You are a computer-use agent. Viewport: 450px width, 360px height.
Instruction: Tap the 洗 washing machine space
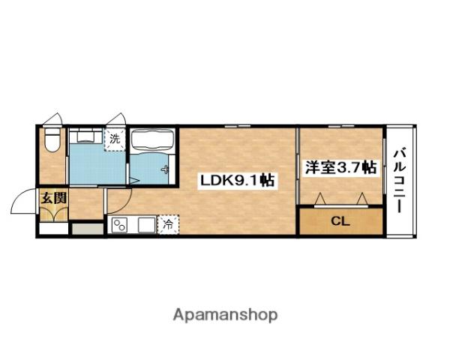[x=115, y=139]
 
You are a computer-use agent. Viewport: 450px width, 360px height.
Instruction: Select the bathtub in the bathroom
[x=153, y=140]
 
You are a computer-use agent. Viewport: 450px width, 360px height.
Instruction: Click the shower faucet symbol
[x=164, y=169]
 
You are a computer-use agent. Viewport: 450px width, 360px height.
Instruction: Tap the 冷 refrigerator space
[x=168, y=223]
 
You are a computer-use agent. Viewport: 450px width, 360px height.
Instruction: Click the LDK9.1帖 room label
[x=235, y=180]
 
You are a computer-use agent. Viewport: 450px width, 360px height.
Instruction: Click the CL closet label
[x=339, y=220]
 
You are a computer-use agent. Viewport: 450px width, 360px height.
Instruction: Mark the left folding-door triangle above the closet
[x=320, y=198]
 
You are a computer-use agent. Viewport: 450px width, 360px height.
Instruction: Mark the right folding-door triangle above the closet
[x=362, y=198]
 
